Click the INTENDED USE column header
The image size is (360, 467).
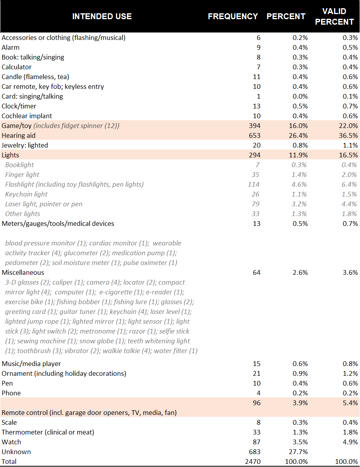102,16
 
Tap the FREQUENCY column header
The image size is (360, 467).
233,16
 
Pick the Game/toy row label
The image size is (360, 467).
17,126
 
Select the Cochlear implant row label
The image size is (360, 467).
27,116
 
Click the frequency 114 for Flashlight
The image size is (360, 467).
254,184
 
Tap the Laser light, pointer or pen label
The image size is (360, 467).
44,204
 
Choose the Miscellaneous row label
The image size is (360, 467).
23,272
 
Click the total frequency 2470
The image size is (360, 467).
252,462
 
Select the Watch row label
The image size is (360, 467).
11,442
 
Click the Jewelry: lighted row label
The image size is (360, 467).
25,145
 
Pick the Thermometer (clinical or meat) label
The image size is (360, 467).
48,432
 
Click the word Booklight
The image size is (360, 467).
20,165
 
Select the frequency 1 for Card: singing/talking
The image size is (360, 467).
258,96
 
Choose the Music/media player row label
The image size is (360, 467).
31,364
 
